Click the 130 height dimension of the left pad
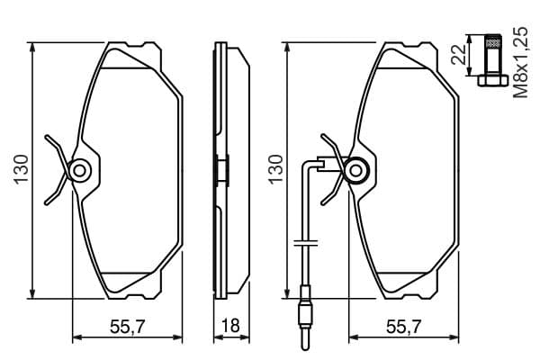click(21, 170)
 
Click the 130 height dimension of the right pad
click(276, 170)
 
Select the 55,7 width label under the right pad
click(404, 326)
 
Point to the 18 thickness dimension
click(230, 326)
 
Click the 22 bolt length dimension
click(459, 55)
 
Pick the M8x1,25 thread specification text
click(520, 62)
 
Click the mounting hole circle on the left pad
click(80, 170)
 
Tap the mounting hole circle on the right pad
click(355, 170)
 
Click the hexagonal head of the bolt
click(493, 81)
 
